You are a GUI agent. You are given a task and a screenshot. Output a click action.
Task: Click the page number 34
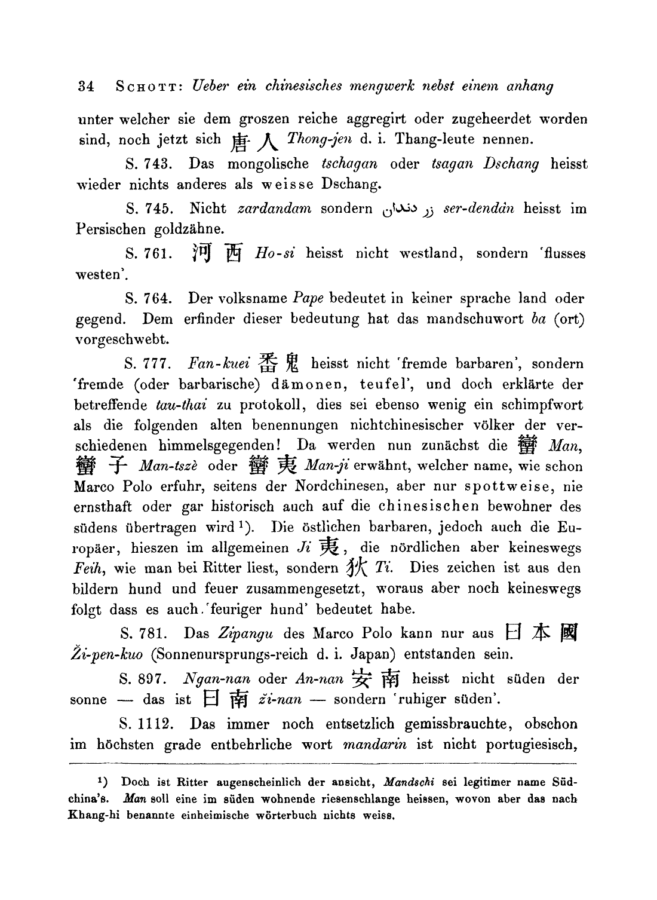(87, 86)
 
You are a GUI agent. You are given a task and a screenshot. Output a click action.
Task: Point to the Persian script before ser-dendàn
(406, 209)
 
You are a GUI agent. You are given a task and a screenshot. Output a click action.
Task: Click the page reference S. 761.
(149, 253)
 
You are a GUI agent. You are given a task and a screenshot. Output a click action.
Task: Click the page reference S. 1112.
(146, 724)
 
